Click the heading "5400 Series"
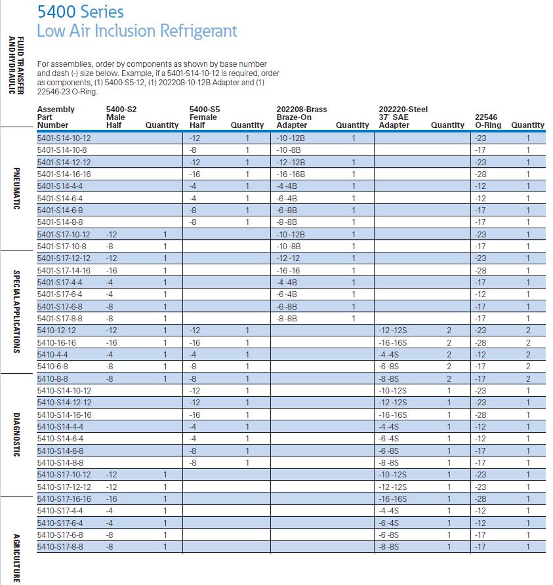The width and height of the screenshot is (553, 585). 80,11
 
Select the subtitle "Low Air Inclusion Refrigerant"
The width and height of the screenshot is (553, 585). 136,31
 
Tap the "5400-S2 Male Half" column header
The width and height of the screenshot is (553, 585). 121,117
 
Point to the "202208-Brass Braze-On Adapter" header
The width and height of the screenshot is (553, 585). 301,117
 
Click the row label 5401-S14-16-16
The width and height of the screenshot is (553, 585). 64,174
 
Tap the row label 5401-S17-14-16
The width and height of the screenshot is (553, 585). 64,270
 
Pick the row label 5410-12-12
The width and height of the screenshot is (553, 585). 56,331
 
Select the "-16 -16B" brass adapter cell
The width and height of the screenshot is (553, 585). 292,174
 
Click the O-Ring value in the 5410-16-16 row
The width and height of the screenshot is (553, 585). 480,342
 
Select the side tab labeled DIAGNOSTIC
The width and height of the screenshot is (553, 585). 18,435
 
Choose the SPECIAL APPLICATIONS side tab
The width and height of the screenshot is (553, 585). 18,312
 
